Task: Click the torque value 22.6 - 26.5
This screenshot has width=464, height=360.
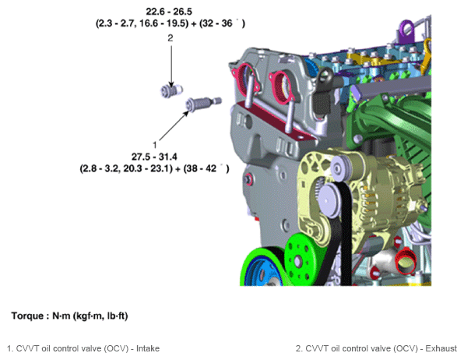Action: [x=169, y=12]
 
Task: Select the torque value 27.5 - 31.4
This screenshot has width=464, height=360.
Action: [x=154, y=157]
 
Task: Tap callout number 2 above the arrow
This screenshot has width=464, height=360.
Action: [x=170, y=38]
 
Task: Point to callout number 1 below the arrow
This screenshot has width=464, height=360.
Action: [x=154, y=145]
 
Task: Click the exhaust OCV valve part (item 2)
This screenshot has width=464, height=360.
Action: [x=171, y=90]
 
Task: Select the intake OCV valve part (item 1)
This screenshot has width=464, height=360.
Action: [x=203, y=104]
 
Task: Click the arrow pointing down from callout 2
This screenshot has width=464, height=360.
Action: [x=171, y=66]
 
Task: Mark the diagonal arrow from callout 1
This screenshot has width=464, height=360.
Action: [x=174, y=125]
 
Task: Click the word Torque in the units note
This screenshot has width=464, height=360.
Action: [x=28, y=316]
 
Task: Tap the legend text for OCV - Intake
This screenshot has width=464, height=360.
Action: [x=83, y=348]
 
